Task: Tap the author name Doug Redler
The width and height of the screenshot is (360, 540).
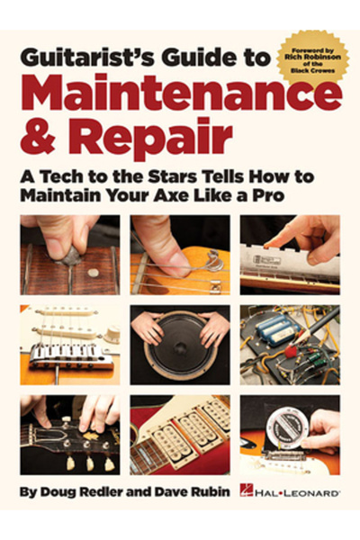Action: [71, 493]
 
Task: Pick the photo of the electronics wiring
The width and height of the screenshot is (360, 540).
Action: [289, 346]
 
